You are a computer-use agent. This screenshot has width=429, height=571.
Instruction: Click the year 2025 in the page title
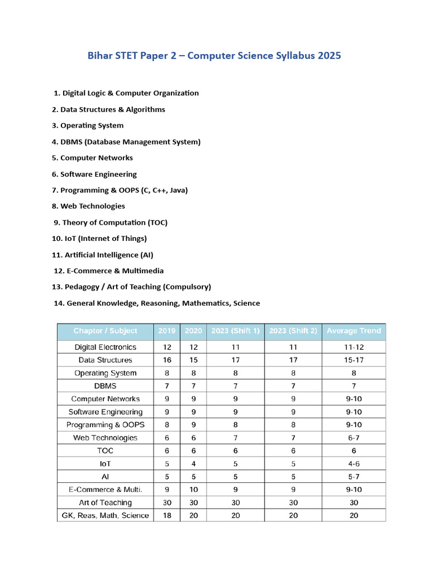(328, 56)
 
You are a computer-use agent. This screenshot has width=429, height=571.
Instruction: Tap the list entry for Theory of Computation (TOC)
(111, 222)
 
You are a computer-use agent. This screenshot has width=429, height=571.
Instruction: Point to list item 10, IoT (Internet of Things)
(99, 239)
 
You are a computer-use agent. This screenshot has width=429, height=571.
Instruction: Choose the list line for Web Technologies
(88, 206)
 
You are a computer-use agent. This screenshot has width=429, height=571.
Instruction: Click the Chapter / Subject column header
(105, 331)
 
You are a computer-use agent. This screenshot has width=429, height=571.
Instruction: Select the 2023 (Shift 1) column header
(235, 331)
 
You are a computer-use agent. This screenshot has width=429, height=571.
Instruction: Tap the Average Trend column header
(354, 331)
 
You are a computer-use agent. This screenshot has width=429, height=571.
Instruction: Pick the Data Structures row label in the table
(105, 360)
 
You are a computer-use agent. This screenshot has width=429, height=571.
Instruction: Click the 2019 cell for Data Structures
(167, 360)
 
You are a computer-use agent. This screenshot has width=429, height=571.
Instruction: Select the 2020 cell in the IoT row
(194, 464)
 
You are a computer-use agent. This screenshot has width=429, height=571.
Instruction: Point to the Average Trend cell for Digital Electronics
(354, 347)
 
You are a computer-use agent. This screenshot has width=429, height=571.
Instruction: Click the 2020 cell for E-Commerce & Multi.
(194, 490)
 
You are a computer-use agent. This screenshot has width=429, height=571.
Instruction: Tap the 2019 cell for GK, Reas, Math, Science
(167, 516)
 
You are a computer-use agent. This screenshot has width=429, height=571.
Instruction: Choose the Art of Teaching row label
(105, 503)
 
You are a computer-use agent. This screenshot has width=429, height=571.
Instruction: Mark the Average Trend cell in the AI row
(354, 477)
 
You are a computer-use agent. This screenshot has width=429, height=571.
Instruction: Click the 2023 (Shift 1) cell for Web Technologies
(235, 438)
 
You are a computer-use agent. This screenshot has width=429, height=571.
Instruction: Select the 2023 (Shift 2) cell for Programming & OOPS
(293, 425)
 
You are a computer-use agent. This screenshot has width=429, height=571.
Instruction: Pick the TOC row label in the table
(105, 451)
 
